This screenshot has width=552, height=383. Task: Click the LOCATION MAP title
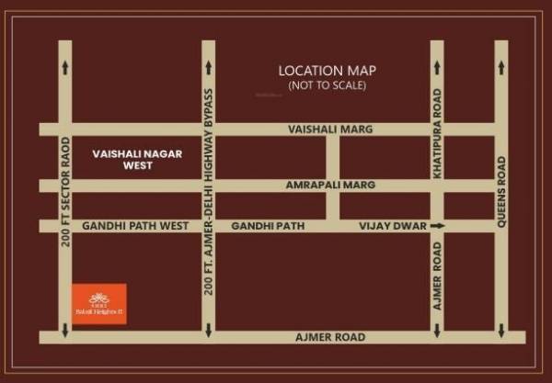click(x=328, y=71)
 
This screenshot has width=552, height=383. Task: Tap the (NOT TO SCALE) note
click(x=328, y=86)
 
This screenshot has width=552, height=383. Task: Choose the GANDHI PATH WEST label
click(x=135, y=226)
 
